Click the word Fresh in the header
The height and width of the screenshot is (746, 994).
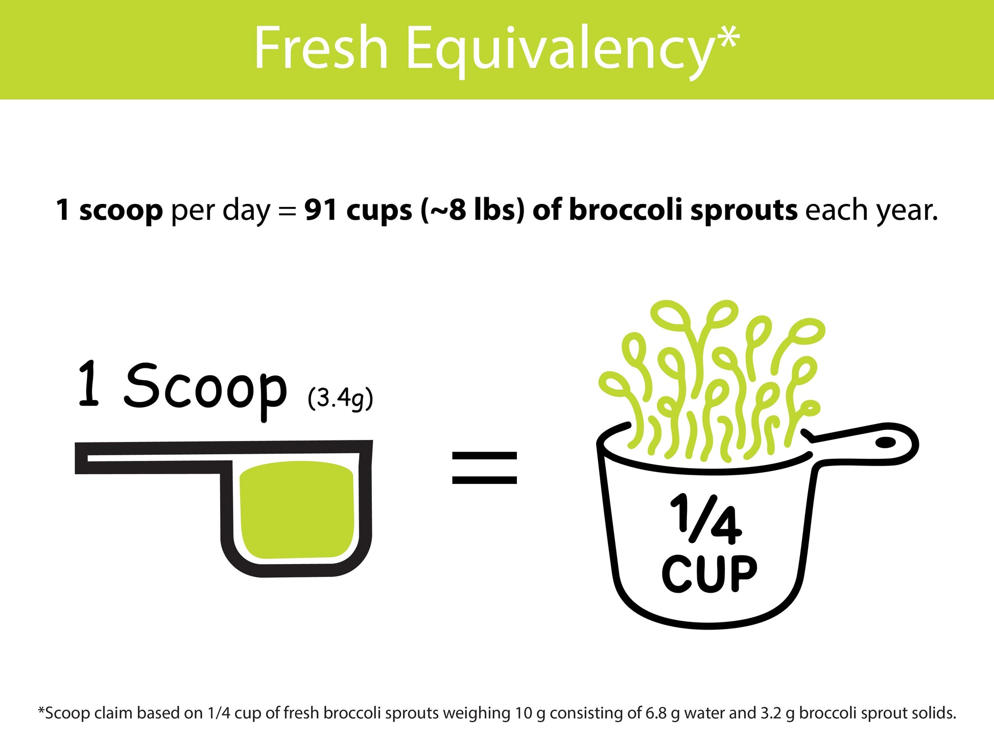[321, 49]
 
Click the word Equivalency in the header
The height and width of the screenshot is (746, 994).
[559, 51]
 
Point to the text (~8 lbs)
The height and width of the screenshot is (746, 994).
[472, 211]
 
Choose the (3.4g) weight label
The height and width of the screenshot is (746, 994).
[340, 398]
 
